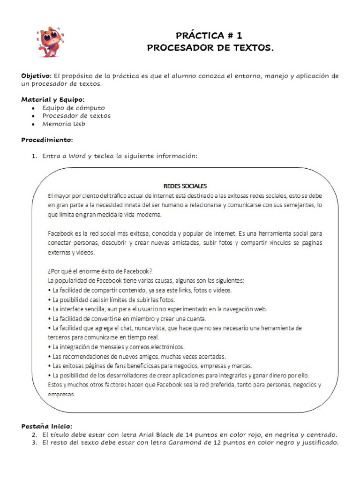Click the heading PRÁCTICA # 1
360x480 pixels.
[210, 35]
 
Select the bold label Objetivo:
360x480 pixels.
[37, 76]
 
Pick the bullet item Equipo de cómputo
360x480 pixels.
[74, 107]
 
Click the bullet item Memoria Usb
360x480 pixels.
[64, 124]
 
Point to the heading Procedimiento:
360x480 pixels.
[47, 140]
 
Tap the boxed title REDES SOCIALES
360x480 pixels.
[181, 185]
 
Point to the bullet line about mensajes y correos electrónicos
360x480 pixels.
[119, 347]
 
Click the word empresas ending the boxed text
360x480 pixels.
[61, 394]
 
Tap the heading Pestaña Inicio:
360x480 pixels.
[47, 426]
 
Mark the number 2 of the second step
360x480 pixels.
[34, 434]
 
